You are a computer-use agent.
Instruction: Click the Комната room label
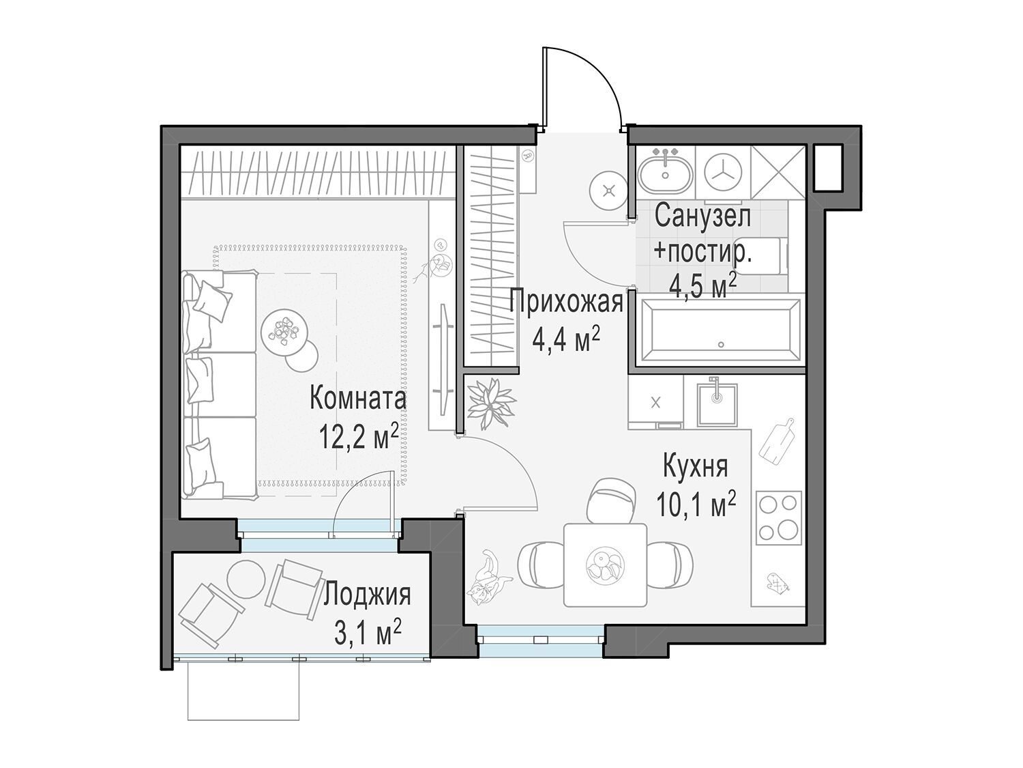click(x=357, y=399)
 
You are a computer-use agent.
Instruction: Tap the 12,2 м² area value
click(x=359, y=436)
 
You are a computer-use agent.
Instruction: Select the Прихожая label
click(x=566, y=302)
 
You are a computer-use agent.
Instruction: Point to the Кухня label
click(x=695, y=466)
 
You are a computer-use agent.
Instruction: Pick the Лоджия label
click(x=367, y=595)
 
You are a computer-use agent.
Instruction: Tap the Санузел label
click(x=703, y=217)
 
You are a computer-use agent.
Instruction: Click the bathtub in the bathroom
click(x=720, y=331)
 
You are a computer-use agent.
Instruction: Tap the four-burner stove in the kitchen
click(x=778, y=517)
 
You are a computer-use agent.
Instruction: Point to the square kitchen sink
click(x=717, y=405)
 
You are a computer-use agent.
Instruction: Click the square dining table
click(x=605, y=565)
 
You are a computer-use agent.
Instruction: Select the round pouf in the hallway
click(x=608, y=190)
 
